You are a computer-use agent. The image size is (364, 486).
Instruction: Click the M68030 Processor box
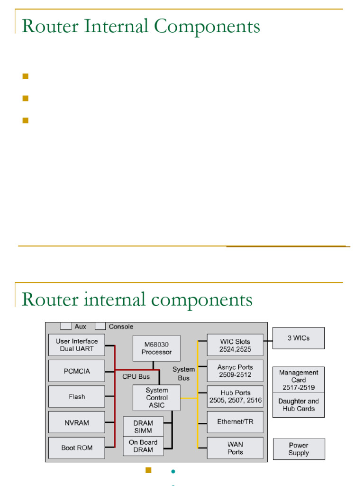click(x=156, y=348)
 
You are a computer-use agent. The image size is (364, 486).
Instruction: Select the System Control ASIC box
click(x=156, y=398)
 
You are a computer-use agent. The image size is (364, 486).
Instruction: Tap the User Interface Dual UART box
click(x=76, y=345)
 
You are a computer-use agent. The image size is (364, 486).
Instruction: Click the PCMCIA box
click(x=76, y=371)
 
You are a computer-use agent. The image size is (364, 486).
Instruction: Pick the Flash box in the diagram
click(x=76, y=396)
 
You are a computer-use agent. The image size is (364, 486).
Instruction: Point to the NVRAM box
click(x=76, y=422)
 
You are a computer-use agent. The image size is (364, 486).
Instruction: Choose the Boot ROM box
click(x=76, y=448)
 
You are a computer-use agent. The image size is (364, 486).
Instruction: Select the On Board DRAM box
click(x=143, y=446)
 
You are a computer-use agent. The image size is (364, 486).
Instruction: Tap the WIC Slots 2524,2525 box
click(x=235, y=345)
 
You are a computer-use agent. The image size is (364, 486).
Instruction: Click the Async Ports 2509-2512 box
click(x=235, y=371)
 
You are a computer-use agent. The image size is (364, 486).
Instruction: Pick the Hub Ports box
click(x=235, y=396)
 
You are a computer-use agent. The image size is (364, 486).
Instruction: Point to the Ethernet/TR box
click(x=235, y=422)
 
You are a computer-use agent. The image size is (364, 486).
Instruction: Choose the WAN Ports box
click(x=235, y=448)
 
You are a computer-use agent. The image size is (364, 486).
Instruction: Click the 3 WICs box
click(x=299, y=338)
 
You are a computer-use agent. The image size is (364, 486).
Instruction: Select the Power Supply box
click(x=299, y=449)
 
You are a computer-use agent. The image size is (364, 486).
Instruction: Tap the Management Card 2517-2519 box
click(x=299, y=380)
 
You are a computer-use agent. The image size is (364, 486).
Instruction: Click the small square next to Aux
click(x=66, y=326)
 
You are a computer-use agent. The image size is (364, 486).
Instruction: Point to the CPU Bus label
click(x=136, y=377)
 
